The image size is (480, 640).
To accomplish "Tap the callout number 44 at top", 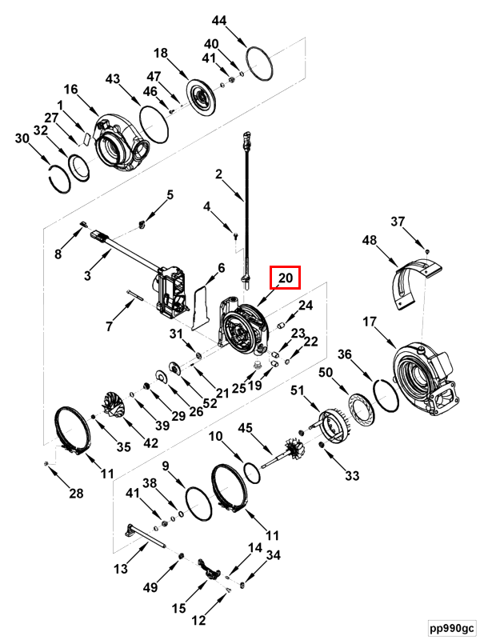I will coord(219,20).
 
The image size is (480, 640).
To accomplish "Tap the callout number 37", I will coord(398,222).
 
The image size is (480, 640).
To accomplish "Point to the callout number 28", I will coord(76,494).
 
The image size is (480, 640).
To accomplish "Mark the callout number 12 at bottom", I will coord(198,619).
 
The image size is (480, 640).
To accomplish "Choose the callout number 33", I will coord(353,477).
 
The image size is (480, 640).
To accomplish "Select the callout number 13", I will coord(121,570).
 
